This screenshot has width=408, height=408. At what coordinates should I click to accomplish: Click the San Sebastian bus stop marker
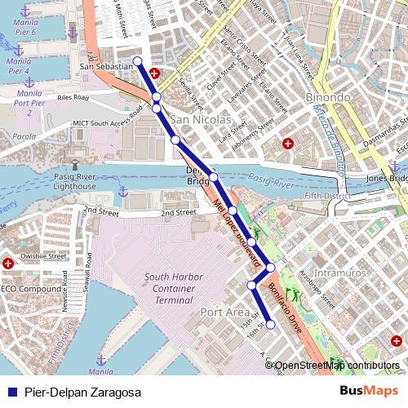point(137,61)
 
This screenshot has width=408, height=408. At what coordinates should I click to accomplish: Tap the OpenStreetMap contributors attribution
point(336,366)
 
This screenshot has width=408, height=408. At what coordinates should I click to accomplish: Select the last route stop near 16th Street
point(271,325)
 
